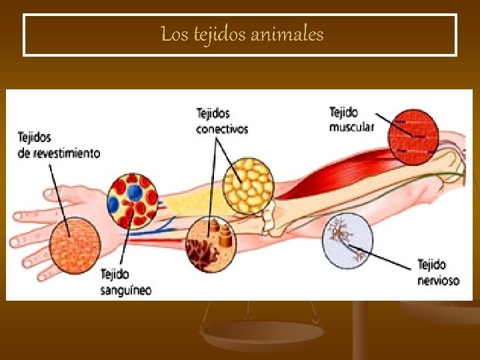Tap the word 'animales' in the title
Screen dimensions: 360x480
(288, 34)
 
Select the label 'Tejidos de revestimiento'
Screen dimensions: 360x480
(58, 145)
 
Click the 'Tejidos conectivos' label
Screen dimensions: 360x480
(221, 121)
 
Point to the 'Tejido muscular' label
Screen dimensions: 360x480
(351, 119)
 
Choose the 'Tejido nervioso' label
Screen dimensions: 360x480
(438, 273)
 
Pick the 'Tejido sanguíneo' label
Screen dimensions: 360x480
(125, 282)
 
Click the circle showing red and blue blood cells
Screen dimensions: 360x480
(133, 201)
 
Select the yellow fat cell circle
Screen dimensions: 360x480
(248, 182)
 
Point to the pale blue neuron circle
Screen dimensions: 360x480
(347, 240)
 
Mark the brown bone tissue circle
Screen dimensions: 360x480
(211, 245)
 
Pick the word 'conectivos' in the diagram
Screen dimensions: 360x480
(221, 129)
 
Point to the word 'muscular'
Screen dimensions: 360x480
(351, 126)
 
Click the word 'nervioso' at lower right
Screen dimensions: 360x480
(438, 281)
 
